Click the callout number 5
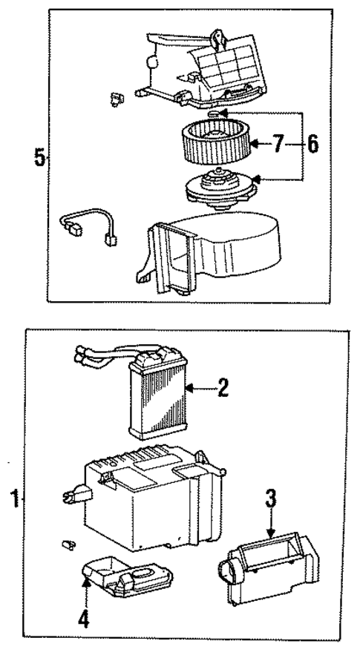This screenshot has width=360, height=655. [x=39, y=157]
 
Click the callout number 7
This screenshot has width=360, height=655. [x=277, y=145]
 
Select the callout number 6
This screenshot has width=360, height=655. [x=312, y=145]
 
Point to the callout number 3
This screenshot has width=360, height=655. [x=272, y=498]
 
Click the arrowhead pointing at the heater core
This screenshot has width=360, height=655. [x=189, y=387]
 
